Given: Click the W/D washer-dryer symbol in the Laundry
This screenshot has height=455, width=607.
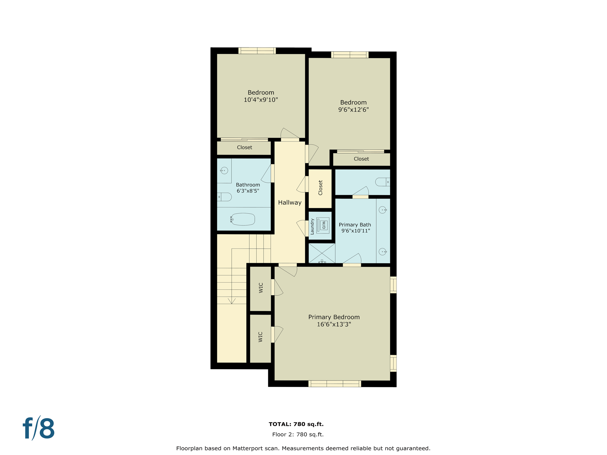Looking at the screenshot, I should [323, 225].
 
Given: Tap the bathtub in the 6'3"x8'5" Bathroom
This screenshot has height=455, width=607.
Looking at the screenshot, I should [243, 219].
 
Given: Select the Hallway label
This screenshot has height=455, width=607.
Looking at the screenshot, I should [290, 203].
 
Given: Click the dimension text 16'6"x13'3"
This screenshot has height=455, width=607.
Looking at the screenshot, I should [334, 324].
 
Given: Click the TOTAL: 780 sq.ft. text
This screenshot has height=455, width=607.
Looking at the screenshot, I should [296, 424].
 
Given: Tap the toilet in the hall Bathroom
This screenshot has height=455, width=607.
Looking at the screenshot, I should [225, 197].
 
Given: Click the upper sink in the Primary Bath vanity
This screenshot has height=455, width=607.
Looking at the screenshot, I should [383, 210].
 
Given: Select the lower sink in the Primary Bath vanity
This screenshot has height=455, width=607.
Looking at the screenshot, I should [383, 252].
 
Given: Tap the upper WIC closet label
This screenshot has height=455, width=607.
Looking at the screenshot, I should [261, 288].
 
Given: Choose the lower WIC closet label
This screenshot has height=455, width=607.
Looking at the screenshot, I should [261, 337].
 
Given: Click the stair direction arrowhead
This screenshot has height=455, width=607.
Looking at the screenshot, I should [231, 301].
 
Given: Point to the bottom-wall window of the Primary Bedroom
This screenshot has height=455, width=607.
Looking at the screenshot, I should [335, 384].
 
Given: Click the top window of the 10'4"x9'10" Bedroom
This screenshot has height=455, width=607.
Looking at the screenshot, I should [257, 51].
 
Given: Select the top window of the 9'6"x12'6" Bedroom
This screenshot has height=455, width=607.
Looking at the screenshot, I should [350, 55].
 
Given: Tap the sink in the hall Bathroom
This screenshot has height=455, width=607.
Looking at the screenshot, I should [224, 171].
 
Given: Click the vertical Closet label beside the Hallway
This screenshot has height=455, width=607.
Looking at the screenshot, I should [320, 188].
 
